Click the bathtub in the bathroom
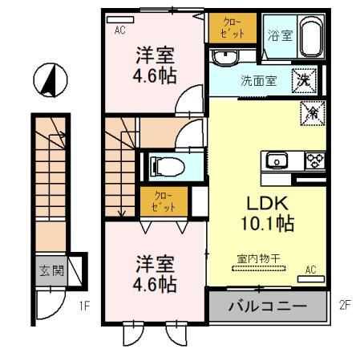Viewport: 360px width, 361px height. (309, 36)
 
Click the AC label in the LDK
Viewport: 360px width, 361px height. (312, 270)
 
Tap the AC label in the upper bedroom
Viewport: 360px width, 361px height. (119, 30)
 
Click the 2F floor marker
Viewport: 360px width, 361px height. (344, 306)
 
